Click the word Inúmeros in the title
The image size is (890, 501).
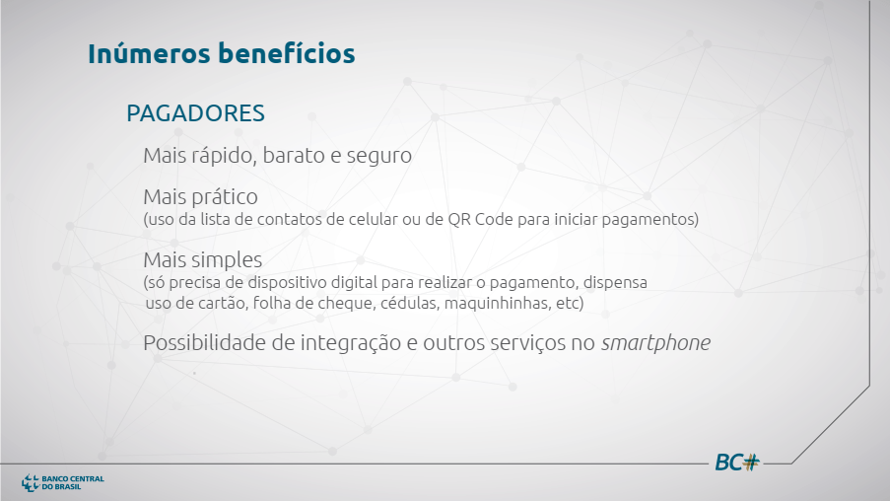(149, 53)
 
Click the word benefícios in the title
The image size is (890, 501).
(287, 53)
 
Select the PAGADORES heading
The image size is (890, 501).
(195, 113)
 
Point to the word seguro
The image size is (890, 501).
(379, 156)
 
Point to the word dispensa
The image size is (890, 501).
(615, 282)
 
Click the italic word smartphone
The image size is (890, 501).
(655, 343)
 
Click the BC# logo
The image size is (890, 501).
(737, 463)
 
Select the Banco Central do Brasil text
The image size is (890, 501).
(73, 483)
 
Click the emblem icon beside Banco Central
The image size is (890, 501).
(31, 483)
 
